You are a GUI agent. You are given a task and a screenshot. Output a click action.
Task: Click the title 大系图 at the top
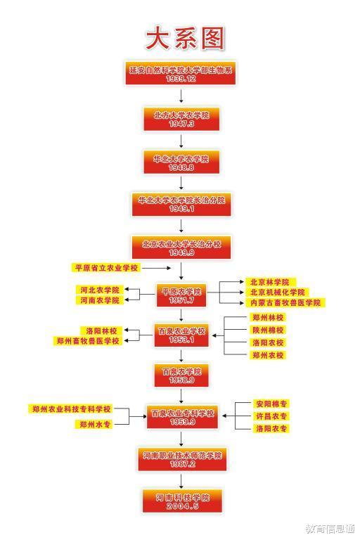click(x=185, y=38)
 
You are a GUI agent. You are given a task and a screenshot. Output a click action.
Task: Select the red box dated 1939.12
click(x=180, y=73)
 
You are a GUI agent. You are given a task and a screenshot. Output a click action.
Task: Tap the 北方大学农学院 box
click(x=181, y=119)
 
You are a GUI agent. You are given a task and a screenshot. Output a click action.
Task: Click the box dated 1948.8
click(x=181, y=162)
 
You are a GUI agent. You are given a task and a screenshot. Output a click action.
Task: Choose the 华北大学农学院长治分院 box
click(x=181, y=204)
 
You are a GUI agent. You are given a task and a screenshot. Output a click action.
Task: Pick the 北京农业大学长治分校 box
click(x=181, y=247)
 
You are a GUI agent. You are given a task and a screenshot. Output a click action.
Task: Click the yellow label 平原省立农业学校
click(x=106, y=268)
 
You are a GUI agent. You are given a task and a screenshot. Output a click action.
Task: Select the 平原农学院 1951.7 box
click(x=181, y=295)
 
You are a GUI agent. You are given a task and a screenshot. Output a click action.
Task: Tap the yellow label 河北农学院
click(x=100, y=290)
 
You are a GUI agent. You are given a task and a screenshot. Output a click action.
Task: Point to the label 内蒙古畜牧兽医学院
click(x=285, y=303)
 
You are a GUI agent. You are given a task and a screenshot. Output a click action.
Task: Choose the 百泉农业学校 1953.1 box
click(x=181, y=335)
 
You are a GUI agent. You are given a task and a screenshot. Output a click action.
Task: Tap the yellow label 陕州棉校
click(x=268, y=330)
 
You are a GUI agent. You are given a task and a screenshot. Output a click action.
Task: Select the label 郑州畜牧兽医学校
click(x=88, y=341)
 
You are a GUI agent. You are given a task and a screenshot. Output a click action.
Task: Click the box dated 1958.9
click(x=181, y=375)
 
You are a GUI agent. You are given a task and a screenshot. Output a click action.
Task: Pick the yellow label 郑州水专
click(x=95, y=424)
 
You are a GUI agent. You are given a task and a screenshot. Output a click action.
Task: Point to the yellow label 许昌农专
click(x=271, y=416)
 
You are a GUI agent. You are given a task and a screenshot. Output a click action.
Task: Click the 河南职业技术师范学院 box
click(x=182, y=459)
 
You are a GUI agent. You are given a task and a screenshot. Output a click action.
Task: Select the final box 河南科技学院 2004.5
click(x=182, y=501)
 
